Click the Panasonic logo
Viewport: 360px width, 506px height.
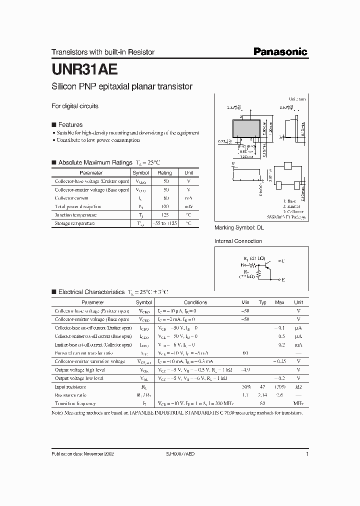point(279,51)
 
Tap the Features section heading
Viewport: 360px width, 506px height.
point(70,124)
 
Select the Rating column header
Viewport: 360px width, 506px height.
point(164,172)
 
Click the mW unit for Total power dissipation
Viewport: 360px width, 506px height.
point(188,206)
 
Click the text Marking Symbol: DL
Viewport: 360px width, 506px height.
point(238,227)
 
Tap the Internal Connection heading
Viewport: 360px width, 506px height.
point(238,241)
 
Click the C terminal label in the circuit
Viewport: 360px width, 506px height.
point(283,261)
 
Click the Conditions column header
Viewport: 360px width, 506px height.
point(195,302)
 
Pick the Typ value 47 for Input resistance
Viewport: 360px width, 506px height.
point(262,386)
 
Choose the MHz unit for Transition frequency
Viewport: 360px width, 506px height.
point(298,403)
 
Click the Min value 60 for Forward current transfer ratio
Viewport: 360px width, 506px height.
point(245,353)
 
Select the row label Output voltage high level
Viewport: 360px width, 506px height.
point(80,370)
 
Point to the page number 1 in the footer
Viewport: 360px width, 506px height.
point(307,454)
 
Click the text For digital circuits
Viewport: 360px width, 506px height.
point(75,106)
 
